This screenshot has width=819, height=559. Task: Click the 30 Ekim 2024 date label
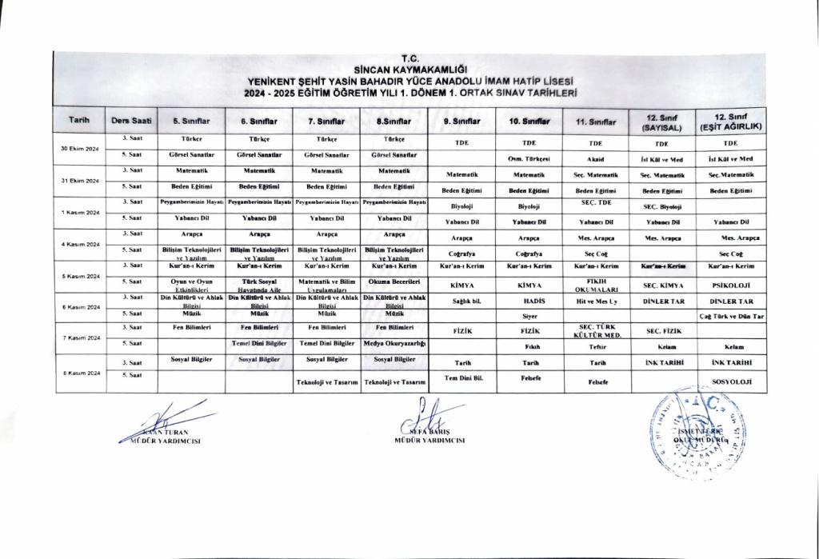tap(79, 150)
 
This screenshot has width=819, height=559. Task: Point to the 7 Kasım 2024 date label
tap(79, 337)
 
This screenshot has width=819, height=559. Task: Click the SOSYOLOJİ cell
tap(729, 382)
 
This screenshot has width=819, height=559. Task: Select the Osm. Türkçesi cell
tap(528, 158)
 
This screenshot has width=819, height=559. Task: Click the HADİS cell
tap(528, 300)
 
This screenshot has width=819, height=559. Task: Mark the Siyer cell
tap(528, 315)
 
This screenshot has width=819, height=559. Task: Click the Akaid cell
tap(593, 158)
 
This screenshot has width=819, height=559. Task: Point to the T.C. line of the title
tap(409, 58)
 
